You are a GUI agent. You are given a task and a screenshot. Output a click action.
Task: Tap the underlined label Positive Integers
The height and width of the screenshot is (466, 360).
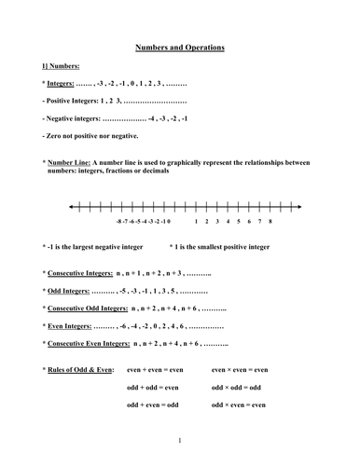(78, 99)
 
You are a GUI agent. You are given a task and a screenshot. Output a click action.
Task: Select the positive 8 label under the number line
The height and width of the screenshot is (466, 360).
(270, 223)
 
